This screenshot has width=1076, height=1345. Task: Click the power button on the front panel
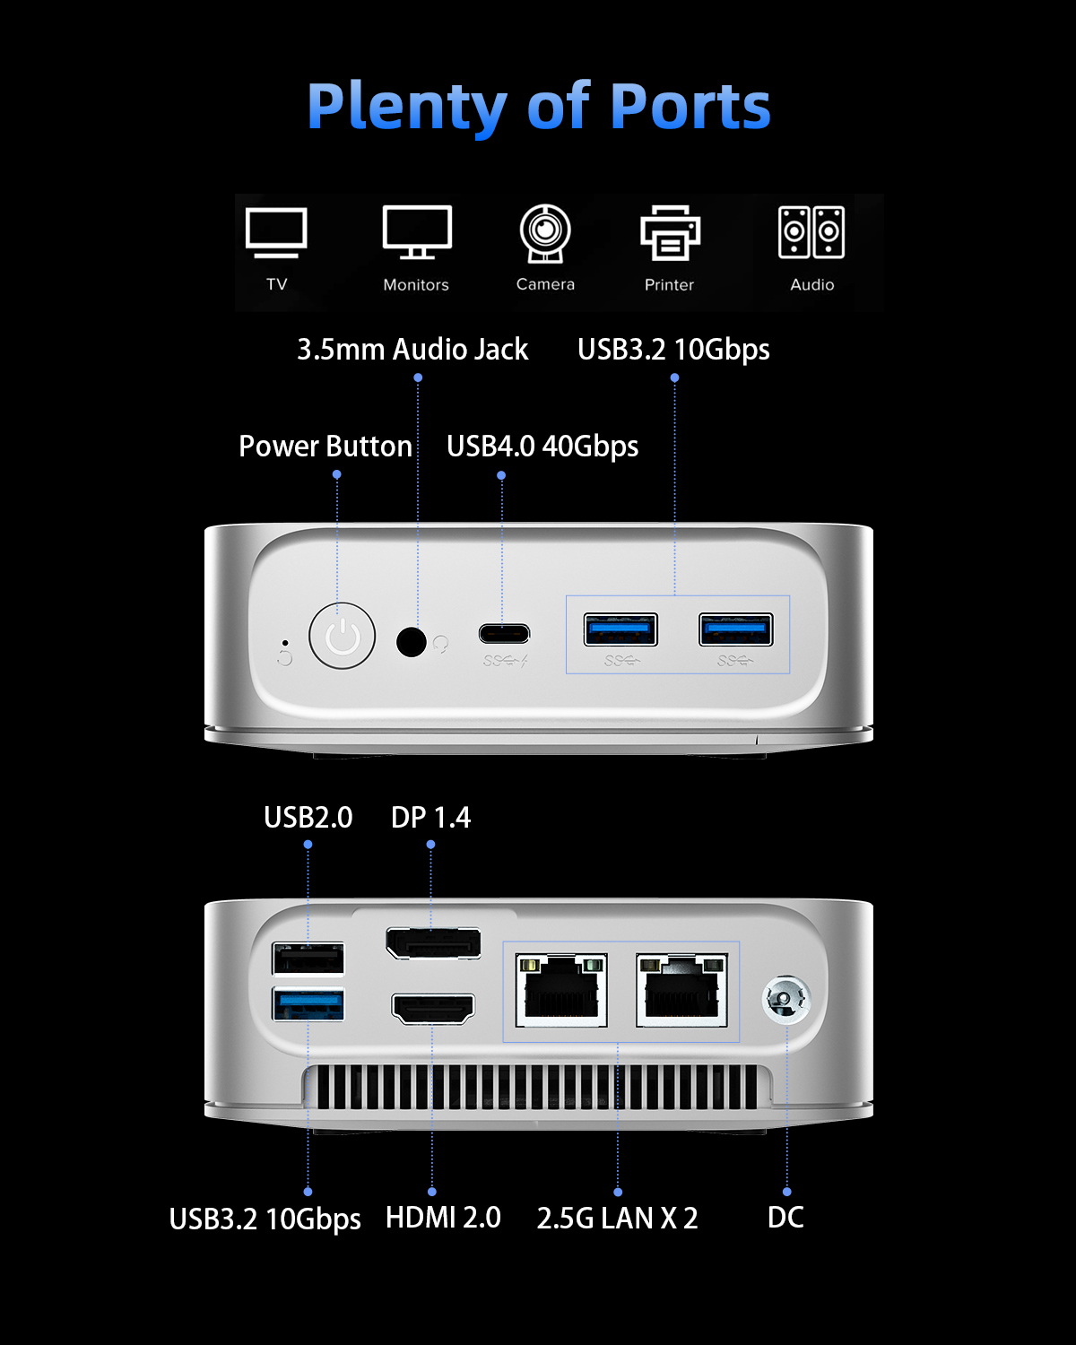342,636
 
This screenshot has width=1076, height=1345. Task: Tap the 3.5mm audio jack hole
411,641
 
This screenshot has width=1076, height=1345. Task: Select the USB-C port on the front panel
504,633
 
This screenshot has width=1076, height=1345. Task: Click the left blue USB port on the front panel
620,629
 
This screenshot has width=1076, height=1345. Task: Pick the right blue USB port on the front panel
735,629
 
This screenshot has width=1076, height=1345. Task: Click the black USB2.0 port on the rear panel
308,959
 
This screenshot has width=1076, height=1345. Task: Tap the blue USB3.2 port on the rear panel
308,1003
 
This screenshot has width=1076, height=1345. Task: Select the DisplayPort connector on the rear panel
433,943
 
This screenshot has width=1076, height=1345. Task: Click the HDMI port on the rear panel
433,1009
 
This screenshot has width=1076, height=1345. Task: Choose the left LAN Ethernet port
561,991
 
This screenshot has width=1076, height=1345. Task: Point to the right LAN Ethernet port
681,991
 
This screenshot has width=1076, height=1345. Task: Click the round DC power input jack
785,1000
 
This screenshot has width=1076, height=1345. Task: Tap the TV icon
276,233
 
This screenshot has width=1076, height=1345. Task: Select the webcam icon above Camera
545,233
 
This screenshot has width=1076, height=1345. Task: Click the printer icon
670,233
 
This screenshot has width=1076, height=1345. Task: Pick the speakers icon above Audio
811,232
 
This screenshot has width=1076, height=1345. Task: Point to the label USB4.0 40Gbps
542,446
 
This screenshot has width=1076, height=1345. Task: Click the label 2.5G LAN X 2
617,1218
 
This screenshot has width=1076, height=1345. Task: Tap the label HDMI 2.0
443,1217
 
